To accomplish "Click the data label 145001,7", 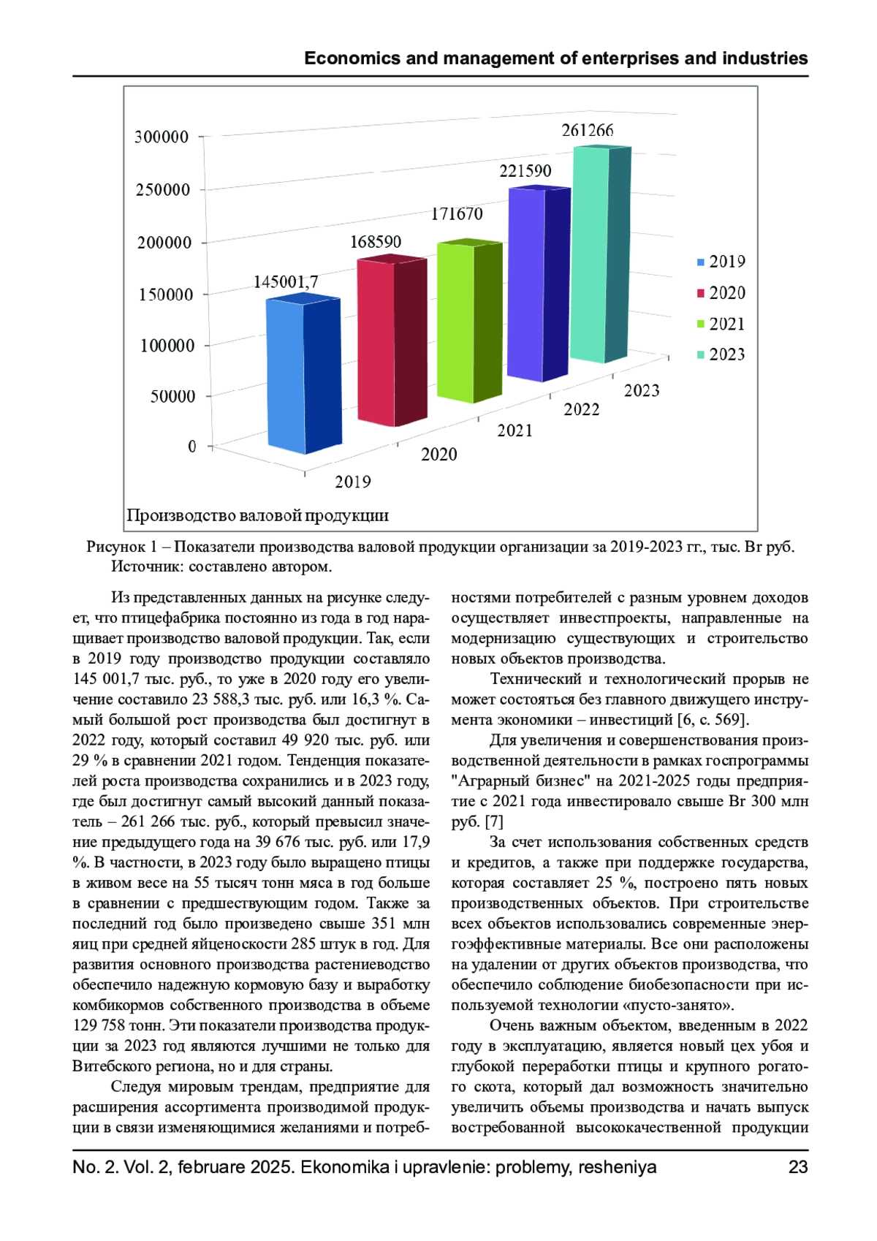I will (x=286, y=282).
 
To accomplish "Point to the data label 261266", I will (x=588, y=131).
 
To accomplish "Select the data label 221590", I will (x=525, y=171).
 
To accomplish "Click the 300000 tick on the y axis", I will (x=162, y=137).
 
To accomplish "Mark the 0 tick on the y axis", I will (x=192, y=447).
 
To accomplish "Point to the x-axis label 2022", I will (x=582, y=410).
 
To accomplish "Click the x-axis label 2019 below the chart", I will (x=353, y=482).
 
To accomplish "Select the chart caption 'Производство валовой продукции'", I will (x=257, y=516).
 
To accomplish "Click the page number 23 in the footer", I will (x=798, y=1167).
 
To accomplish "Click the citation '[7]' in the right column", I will (x=494, y=821).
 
